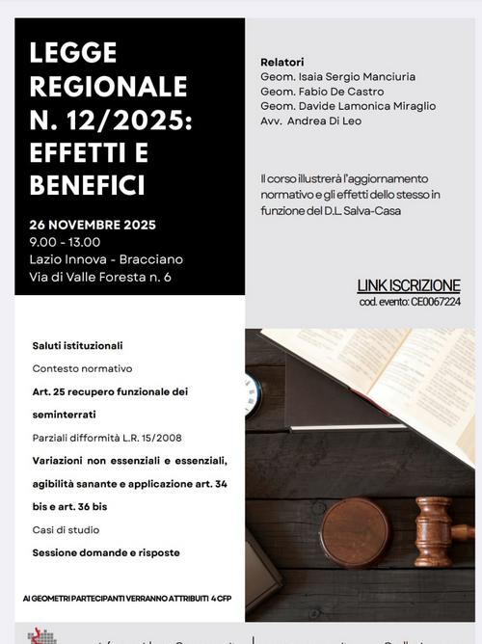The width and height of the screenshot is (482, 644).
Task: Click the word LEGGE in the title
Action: tap(73, 53)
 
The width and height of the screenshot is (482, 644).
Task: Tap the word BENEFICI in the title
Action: tap(88, 184)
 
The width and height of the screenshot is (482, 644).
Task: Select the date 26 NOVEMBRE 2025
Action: tap(93, 225)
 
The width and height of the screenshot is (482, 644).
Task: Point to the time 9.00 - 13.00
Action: tap(65, 242)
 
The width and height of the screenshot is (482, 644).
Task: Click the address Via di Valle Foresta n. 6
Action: tap(100, 278)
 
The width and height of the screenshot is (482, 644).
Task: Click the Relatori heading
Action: tap(281, 62)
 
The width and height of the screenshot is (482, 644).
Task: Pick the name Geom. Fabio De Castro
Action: tap(322, 91)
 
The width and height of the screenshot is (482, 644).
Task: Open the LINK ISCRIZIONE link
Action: tap(409, 285)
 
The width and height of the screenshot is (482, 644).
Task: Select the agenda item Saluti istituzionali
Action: tap(77, 345)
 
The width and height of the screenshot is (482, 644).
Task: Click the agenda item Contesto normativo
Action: tap(82, 368)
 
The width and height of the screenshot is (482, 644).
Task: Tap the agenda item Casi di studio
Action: tap(66, 529)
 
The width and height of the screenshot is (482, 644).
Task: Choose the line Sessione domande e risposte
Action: tap(106, 552)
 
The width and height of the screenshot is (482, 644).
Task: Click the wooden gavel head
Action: tap(433, 530)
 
